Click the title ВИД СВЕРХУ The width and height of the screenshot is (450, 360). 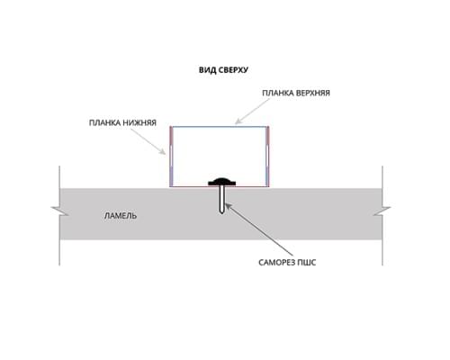(223, 70)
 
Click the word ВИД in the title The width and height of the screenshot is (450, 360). (206, 70)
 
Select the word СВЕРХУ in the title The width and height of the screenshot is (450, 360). (232, 70)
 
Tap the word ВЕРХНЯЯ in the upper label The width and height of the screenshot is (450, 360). (313, 93)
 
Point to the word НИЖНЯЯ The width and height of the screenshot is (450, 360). (141, 122)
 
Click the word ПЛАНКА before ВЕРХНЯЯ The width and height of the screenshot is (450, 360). (278, 93)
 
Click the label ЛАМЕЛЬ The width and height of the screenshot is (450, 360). (121, 216)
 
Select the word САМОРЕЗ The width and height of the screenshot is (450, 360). (276, 263)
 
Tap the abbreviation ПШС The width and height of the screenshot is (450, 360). (307, 263)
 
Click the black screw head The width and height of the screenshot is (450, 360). (222, 181)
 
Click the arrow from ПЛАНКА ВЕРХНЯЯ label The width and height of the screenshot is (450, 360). (253, 111)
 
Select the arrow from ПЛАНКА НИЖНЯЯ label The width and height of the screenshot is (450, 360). (148, 142)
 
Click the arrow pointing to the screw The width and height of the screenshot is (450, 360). (258, 229)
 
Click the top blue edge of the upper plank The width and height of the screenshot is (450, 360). (220, 127)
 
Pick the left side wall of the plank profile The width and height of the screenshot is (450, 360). (171, 157)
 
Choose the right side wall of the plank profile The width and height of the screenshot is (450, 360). (267, 157)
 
